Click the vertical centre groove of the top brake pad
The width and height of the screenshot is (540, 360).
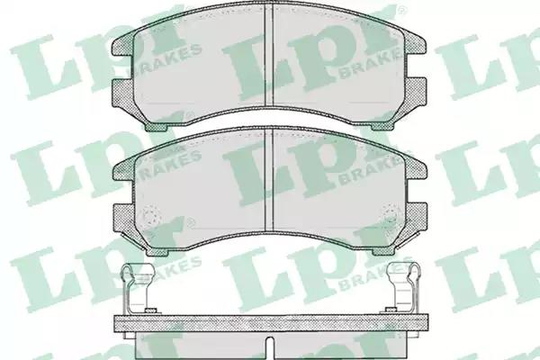point(268,54)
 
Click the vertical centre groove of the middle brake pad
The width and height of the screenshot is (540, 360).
point(268,178)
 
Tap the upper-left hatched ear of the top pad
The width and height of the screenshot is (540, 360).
point(123,45)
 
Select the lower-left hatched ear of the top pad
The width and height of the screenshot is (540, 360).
point(123,93)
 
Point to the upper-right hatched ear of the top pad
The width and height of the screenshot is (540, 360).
point(416,45)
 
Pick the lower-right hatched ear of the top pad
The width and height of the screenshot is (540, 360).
point(416,93)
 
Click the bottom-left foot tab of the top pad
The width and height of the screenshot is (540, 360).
point(156,127)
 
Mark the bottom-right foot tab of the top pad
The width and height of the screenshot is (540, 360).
point(383,126)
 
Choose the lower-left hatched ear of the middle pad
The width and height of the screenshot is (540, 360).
point(124,218)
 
